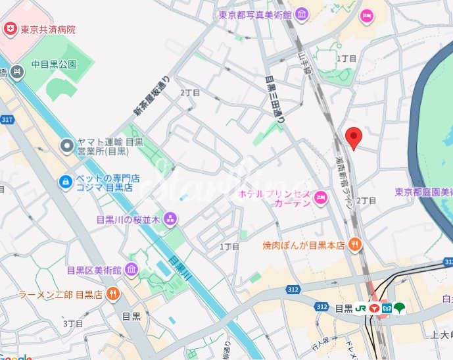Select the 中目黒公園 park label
pos(55,64)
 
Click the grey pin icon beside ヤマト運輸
pos(66,145)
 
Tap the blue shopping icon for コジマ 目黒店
pos(66,181)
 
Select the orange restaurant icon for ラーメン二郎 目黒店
pos(112,294)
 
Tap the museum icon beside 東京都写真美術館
pos(301,14)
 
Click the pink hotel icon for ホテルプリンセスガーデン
pos(321,197)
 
